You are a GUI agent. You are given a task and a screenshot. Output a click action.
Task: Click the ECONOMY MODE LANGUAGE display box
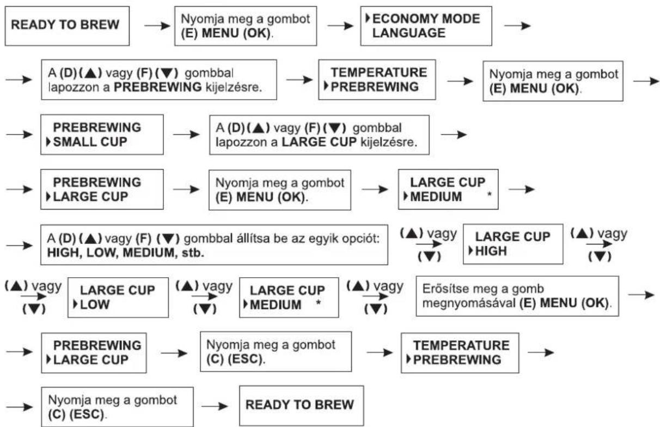pos(426,26)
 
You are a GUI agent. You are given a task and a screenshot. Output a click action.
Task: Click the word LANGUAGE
pos(408,33)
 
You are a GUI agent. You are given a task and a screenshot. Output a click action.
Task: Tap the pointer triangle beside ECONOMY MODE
pos(368,19)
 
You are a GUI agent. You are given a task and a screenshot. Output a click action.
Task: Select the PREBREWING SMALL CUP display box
pos(102,135)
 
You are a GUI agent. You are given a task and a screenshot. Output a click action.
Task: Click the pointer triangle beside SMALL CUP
pos(48,142)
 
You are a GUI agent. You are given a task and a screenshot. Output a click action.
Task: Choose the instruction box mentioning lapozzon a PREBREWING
pos(159,80)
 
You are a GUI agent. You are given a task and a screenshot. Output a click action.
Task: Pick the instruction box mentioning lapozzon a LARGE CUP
pos(320,135)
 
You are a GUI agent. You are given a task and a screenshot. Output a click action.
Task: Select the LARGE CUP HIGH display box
pos(513,244)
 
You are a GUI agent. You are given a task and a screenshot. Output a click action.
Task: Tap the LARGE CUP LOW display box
pos(118,297)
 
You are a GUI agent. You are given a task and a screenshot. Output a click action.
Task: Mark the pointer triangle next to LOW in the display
pos(76,304)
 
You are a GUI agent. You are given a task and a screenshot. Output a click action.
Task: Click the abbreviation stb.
pos(193,253)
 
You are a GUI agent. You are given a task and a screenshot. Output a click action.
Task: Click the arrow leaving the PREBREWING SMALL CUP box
pos(186,135)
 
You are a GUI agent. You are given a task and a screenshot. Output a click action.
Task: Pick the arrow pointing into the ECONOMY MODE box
pos(340,26)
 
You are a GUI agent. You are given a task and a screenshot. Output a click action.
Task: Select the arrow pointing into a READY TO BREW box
pos(215,407)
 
